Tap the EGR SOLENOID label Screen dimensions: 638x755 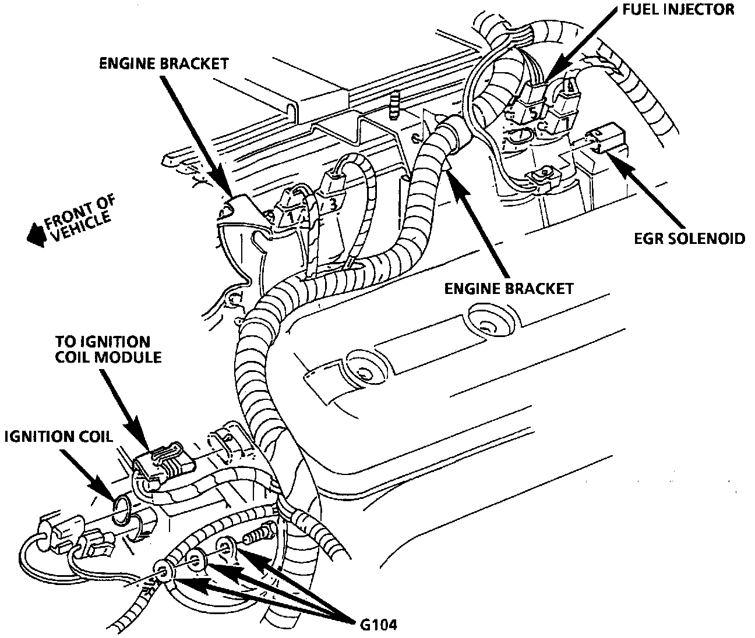click(689, 239)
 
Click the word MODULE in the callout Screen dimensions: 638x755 click(129, 356)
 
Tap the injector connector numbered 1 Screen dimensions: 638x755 click(290, 213)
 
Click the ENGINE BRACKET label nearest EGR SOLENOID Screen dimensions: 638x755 click(509, 288)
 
